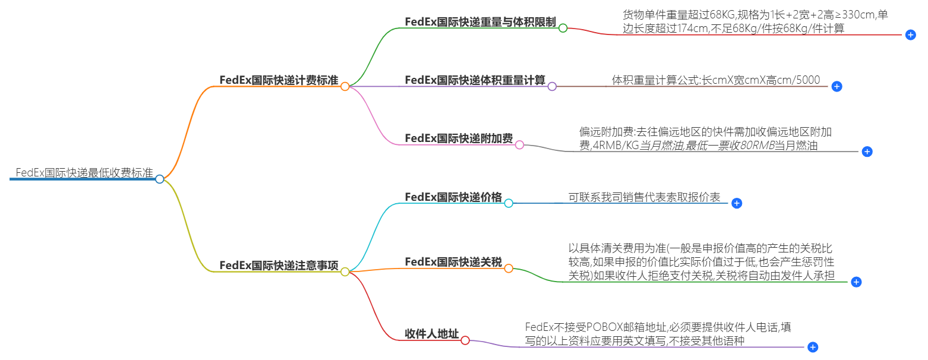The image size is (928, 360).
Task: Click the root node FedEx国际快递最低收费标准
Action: click(84, 173)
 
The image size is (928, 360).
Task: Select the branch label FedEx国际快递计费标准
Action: click(279, 80)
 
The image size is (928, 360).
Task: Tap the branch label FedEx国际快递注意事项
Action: click(279, 266)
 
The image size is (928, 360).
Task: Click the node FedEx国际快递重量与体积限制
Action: click(480, 22)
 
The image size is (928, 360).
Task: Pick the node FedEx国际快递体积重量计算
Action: click(475, 80)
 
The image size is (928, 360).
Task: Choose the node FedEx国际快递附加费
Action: click(458, 138)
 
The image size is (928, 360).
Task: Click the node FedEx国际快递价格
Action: click(453, 197)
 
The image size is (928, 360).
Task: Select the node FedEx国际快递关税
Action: click(453, 262)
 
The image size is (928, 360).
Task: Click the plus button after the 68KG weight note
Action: click(910, 35)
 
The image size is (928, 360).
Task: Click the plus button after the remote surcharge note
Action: click(867, 151)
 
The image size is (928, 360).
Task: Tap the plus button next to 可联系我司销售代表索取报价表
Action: click(737, 203)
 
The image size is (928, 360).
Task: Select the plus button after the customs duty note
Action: click(856, 282)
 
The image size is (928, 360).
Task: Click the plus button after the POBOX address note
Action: click(813, 347)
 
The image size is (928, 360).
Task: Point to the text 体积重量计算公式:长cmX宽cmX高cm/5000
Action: click(716, 80)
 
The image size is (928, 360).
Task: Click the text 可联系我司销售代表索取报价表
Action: click(644, 197)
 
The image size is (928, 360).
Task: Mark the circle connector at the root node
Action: click(159, 179)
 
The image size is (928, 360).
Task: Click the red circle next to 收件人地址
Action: click(465, 340)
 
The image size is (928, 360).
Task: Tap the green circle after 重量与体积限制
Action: click(563, 28)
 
